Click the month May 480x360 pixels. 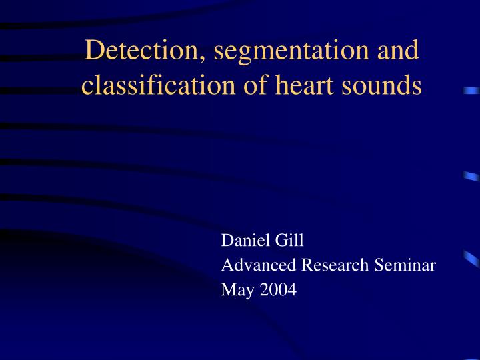point(233,291)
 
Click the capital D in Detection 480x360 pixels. point(95,51)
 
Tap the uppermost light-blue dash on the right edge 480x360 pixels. point(472,90)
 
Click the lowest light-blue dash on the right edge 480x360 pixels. point(472,258)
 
